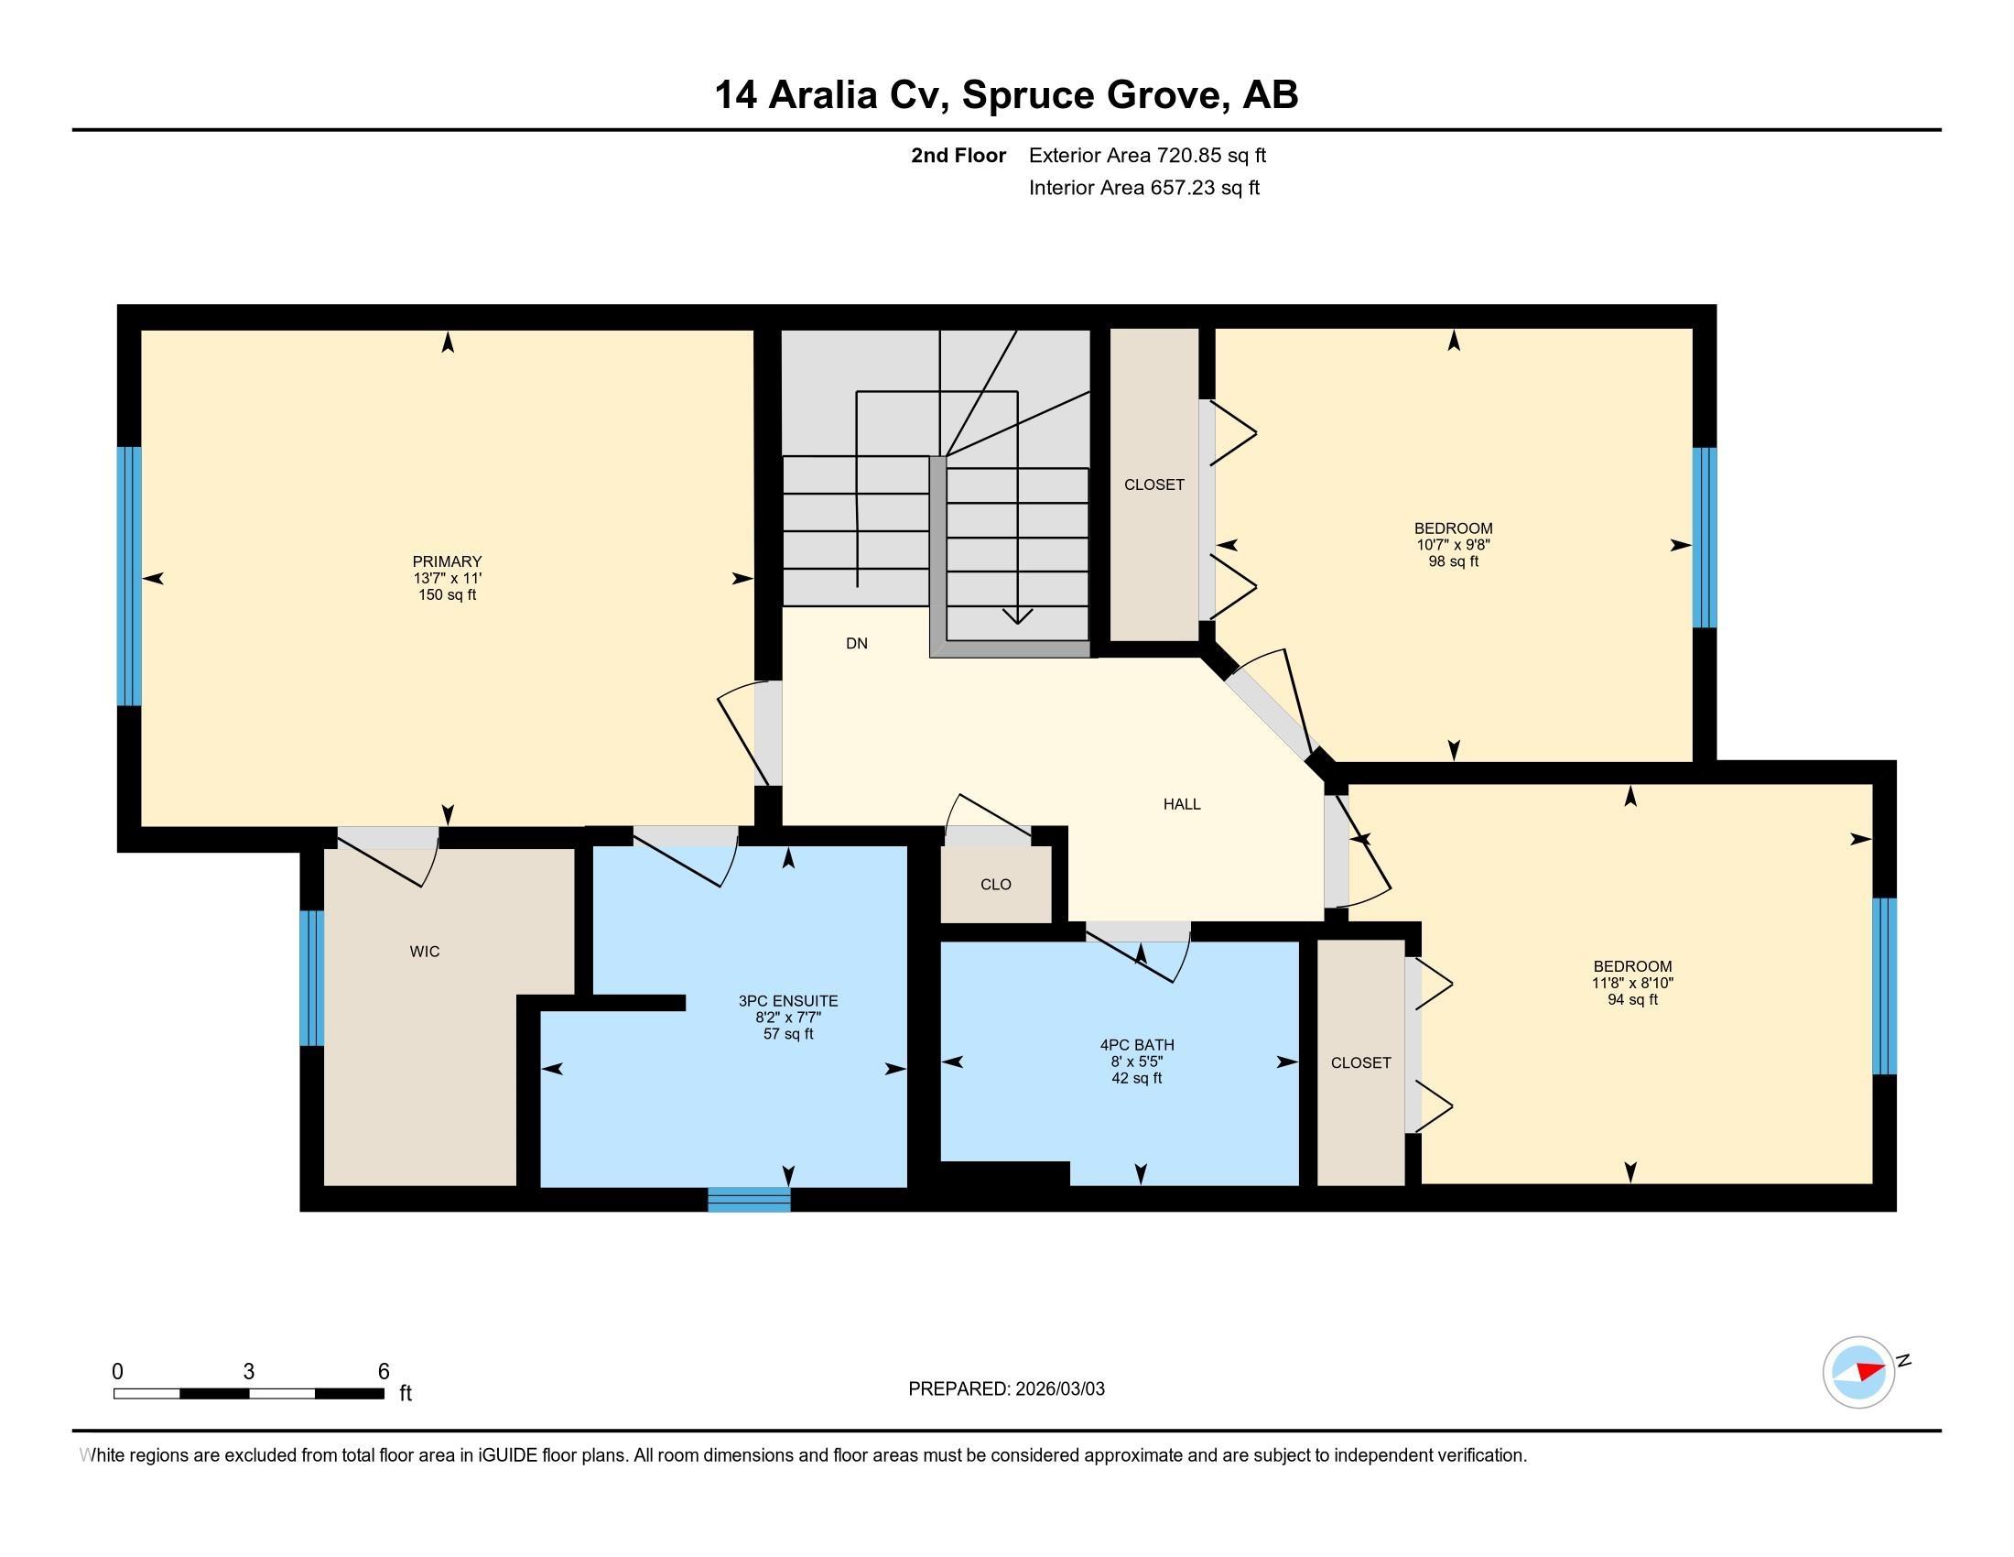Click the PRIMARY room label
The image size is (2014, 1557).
[x=448, y=561]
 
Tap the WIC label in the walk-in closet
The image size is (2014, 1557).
[x=424, y=952]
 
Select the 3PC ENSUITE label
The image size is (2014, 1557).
[x=788, y=1001]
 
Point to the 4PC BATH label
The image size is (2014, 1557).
[x=1137, y=1045]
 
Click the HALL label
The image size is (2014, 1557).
[x=1182, y=804]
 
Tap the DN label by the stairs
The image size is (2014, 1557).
[x=857, y=644]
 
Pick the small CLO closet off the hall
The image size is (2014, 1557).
[x=996, y=885]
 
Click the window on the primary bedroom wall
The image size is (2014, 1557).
[x=129, y=576]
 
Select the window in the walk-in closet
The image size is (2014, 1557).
[x=311, y=978]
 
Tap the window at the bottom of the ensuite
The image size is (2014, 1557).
[x=749, y=1198]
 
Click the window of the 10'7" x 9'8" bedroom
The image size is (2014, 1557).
[x=1705, y=538]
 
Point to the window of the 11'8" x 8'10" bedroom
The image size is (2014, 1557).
[x=1885, y=986]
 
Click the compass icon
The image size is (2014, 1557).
[x=1859, y=1372]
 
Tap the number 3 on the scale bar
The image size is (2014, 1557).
[x=249, y=1372]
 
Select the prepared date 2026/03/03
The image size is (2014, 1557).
[x=1058, y=1389]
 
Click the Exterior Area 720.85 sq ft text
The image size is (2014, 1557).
[x=1147, y=156]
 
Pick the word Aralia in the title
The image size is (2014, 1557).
[x=822, y=95]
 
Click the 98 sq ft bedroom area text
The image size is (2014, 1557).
[x=1454, y=561]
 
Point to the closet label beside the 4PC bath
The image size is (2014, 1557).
[x=1361, y=1062]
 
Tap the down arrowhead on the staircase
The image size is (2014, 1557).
[x=1017, y=616]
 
